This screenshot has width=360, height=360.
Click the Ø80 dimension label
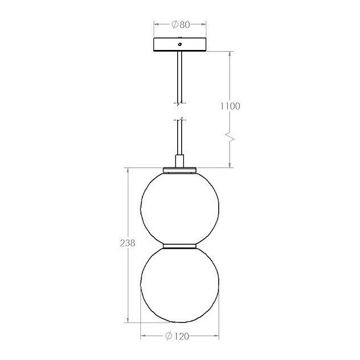[x=181, y=24]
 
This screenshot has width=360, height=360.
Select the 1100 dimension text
[x=230, y=106]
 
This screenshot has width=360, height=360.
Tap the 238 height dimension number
[x=128, y=242]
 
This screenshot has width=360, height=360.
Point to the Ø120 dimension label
[x=177, y=336]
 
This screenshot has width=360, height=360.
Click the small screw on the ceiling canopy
[x=180, y=44]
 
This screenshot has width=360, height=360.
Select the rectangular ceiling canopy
[x=180, y=44]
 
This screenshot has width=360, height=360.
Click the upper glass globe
[x=180, y=208]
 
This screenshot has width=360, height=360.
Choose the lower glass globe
[x=180, y=285]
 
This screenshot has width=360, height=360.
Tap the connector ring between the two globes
[x=180, y=246]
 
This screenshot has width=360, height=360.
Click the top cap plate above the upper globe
[x=180, y=170]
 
